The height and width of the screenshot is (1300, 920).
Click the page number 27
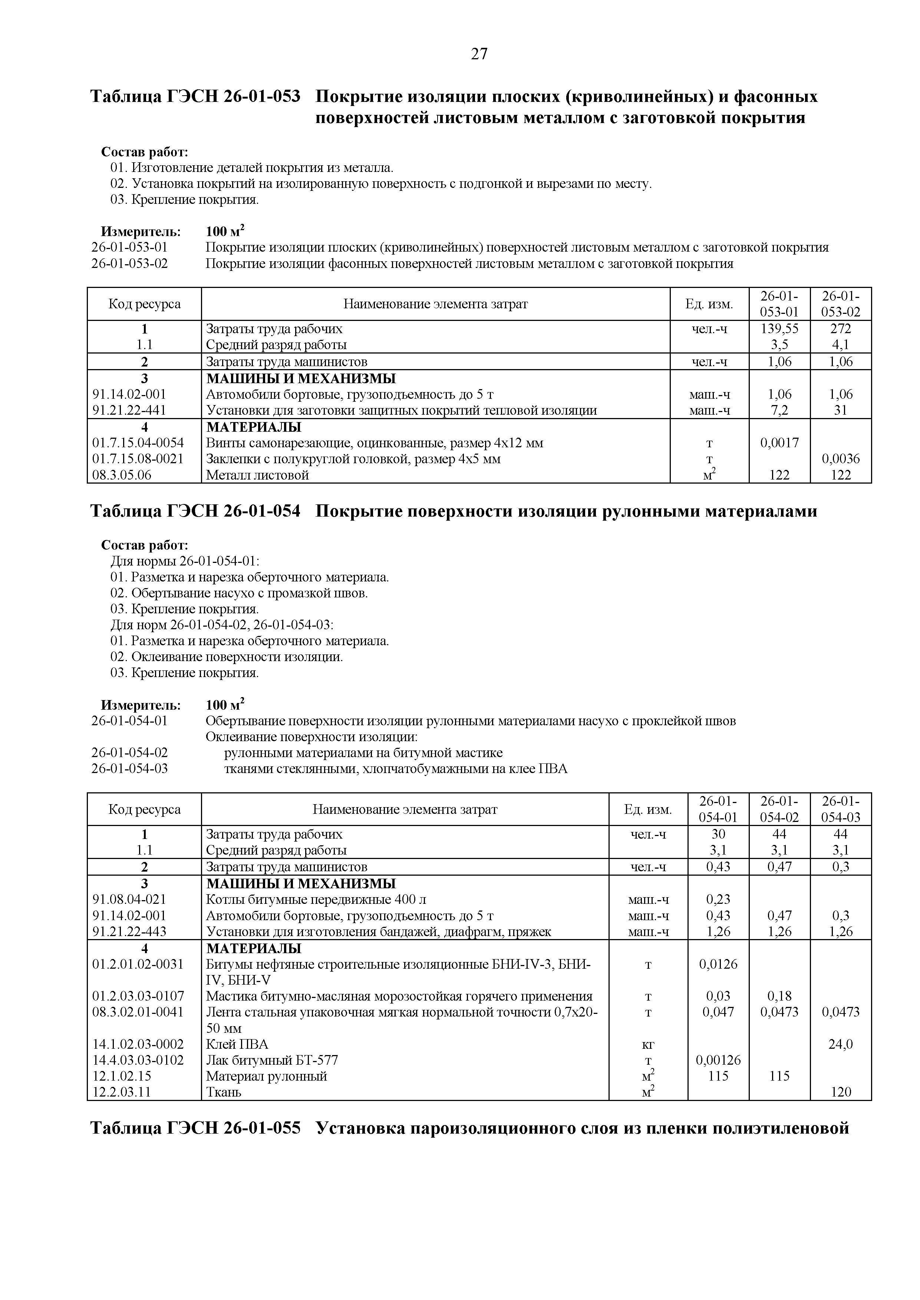(x=479, y=54)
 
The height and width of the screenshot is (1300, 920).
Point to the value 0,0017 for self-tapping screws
(x=779, y=443)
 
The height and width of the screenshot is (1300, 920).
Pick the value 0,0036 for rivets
(x=841, y=459)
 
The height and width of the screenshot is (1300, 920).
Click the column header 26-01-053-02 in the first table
(x=841, y=304)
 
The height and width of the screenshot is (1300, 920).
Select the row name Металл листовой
(x=257, y=475)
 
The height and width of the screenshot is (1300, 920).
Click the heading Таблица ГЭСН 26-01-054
(x=195, y=511)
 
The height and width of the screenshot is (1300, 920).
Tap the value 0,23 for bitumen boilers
(x=718, y=899)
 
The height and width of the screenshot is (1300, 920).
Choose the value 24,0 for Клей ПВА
(x=841, y=1044)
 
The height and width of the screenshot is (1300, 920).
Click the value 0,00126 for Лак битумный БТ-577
(x=718, y=1060)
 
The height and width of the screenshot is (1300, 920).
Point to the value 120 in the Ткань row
(x=841, y=1092)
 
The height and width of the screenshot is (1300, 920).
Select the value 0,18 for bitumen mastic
(x=779, y=996)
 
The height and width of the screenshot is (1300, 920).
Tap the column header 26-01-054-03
(x=841, y=809)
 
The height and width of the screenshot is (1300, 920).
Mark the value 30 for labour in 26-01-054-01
(x=718, y=834)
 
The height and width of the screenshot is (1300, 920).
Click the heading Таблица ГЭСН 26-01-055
(x=195, y=1128)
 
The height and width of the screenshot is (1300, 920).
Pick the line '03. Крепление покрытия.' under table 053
(x=184, y=200)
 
